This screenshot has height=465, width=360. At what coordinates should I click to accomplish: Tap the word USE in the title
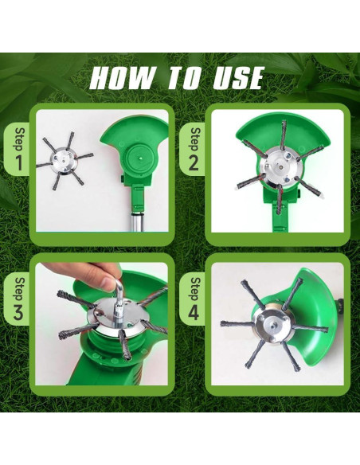coord(238,78)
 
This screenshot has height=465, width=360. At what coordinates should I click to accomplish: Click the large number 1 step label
coord(18,162)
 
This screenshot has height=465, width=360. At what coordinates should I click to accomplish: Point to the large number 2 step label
coord(194,162)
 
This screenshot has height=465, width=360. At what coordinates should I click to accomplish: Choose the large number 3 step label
coord(18,312)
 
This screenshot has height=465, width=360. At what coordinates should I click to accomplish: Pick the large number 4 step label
coord(194,312)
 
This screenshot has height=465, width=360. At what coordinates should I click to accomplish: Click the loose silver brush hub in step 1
coord(61,160)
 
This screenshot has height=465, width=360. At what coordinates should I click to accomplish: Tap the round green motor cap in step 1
coord(139,158)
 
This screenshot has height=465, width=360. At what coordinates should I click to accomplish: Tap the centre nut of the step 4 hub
coord(272,322)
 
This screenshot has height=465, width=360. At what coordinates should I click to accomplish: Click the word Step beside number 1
coord(20,139)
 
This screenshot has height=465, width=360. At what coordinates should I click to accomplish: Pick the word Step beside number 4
coord(195,289)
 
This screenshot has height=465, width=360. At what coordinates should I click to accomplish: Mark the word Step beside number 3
coord(20,289)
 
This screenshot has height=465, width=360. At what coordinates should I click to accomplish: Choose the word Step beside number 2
coord(195,139)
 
